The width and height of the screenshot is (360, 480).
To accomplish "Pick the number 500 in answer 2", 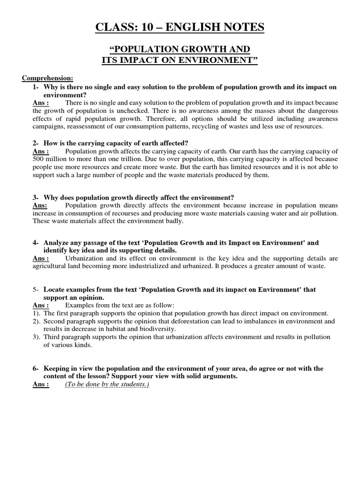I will click(x=39, y=159).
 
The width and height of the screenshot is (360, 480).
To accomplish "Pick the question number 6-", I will click(x=36, y=368).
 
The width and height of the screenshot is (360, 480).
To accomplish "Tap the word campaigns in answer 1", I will click(x=48, y=127).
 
